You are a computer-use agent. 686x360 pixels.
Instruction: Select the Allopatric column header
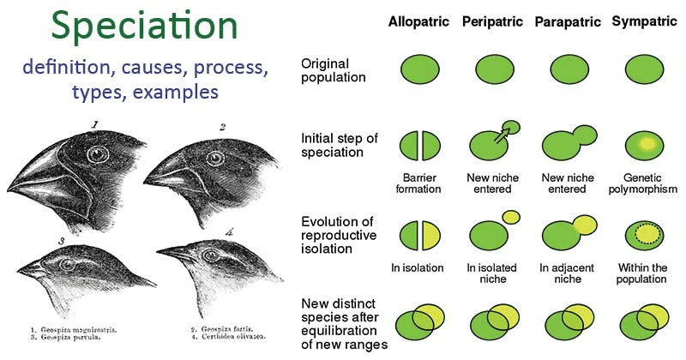click(x=418, y=21)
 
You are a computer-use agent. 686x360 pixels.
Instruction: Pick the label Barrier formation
click(x=419, y=183)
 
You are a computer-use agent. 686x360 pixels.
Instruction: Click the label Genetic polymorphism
click(x=641, y=183)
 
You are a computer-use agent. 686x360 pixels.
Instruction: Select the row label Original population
click(x=334, y=70)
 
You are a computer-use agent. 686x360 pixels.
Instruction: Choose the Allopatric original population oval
click(x=419, y=68)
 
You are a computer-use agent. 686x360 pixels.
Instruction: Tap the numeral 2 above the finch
click(x=221, y=129)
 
